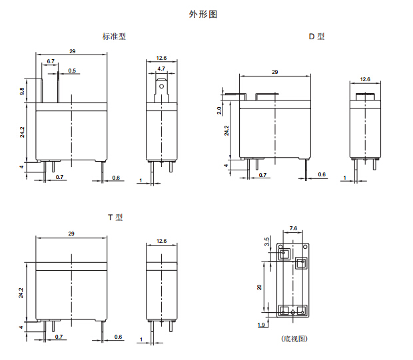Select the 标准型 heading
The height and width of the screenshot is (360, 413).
pos(114,37)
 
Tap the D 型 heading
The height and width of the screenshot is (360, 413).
pos(316,37)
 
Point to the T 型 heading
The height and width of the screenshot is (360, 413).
pos(115,217)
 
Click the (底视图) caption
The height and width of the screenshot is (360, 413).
pos(294,339)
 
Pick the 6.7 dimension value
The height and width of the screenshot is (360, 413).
pos(51,61)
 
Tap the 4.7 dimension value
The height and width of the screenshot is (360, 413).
pos(161,69)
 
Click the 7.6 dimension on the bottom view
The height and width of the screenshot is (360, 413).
pos(294,229)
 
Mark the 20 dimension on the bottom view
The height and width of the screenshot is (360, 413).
pos(259,286)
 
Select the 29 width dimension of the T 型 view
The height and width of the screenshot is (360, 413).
pos(71,234)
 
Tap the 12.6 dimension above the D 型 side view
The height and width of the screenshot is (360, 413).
pos(365,79)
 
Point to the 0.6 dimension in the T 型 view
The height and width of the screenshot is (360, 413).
pos(118,337)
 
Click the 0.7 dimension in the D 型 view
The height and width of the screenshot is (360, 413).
pos(263,174)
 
